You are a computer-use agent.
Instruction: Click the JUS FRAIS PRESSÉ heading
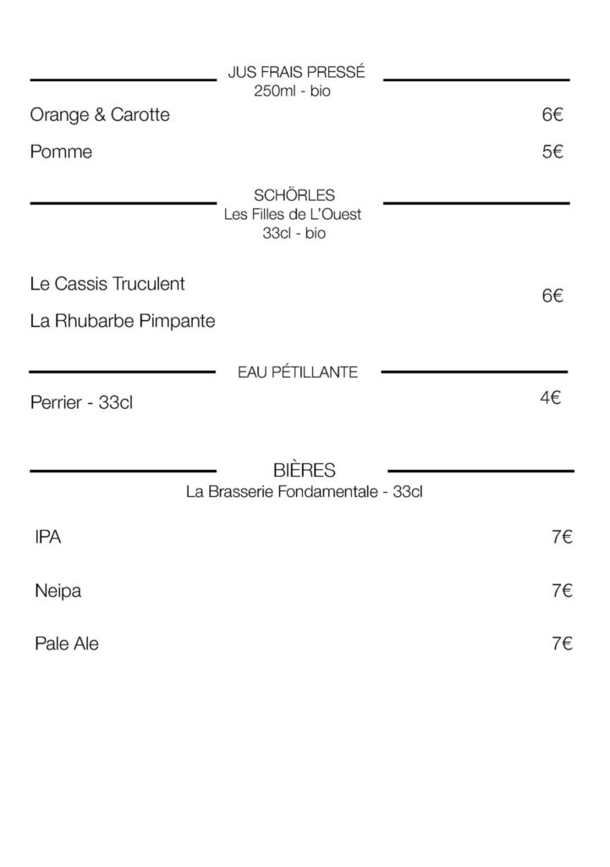pyautogui.click(x=296, y=75)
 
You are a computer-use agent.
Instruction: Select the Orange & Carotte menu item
pyautogui.click(x=100, y=114)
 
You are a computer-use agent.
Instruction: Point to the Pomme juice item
pyautogui.click(x=61, y=152)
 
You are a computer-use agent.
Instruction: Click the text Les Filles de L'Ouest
pyautogui.click(x=293, y=215)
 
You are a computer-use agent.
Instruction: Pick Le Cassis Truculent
pyautogui.click(x=107, y=284)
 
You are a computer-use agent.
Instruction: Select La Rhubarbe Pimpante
pyautogui.click(x=123, y=321)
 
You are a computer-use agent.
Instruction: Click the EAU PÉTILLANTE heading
pyautogui.click(x=298, y=372)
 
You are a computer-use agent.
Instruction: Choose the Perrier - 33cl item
pyautogui.click(x=81, y=403)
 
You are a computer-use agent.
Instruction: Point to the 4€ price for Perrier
pyautogui.click(x=551, y=396)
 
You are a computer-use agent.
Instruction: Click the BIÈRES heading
pyautogui.click(x=305, y=470)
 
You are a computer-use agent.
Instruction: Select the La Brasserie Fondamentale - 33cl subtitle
pyautogui.click(x=304, y=491)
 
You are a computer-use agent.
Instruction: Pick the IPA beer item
pyautogui.click(x=48, y=538)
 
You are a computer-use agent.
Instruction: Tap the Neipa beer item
pyautogui.click(x=58, y=591)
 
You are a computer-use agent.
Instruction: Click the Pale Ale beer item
pyautogui.click(x=67, y=643)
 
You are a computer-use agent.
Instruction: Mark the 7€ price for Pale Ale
pyautogui.click(x=562, y=644)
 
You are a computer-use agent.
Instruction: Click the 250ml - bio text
pyautogui.click(x=292, y=91)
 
